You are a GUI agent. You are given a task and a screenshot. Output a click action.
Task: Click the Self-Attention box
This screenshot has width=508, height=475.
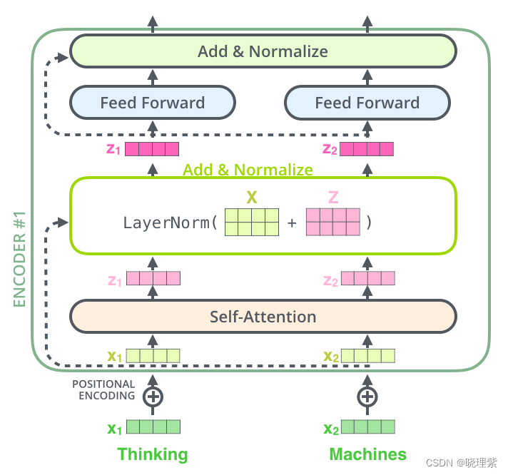263,316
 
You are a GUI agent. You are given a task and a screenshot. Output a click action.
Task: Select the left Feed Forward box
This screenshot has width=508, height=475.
152,103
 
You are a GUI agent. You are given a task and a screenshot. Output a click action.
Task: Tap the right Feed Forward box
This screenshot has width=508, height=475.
367,103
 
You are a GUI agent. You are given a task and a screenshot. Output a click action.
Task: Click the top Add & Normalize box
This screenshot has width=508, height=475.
263,51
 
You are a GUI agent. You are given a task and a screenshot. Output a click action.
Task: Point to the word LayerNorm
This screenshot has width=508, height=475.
167,222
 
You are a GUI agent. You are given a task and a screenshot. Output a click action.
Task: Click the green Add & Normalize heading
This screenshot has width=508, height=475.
248,170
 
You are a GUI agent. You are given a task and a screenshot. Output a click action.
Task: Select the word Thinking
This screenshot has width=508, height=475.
153,454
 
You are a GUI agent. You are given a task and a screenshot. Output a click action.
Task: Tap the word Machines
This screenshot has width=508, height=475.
368,454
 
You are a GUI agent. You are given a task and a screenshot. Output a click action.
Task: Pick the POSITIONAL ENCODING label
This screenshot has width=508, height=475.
103,390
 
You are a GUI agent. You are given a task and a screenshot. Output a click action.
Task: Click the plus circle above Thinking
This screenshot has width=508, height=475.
153,397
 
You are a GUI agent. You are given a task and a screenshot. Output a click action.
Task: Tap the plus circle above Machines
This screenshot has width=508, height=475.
367,397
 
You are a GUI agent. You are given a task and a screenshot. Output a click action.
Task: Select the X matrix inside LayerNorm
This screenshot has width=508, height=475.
251,222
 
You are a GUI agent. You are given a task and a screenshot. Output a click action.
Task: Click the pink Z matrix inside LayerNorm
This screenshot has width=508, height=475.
332,222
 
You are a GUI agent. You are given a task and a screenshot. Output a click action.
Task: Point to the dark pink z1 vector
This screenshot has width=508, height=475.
152,149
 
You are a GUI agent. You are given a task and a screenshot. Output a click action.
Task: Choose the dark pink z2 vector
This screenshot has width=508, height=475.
367,149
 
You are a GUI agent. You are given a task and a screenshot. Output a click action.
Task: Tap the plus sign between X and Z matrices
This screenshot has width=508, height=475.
292,223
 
